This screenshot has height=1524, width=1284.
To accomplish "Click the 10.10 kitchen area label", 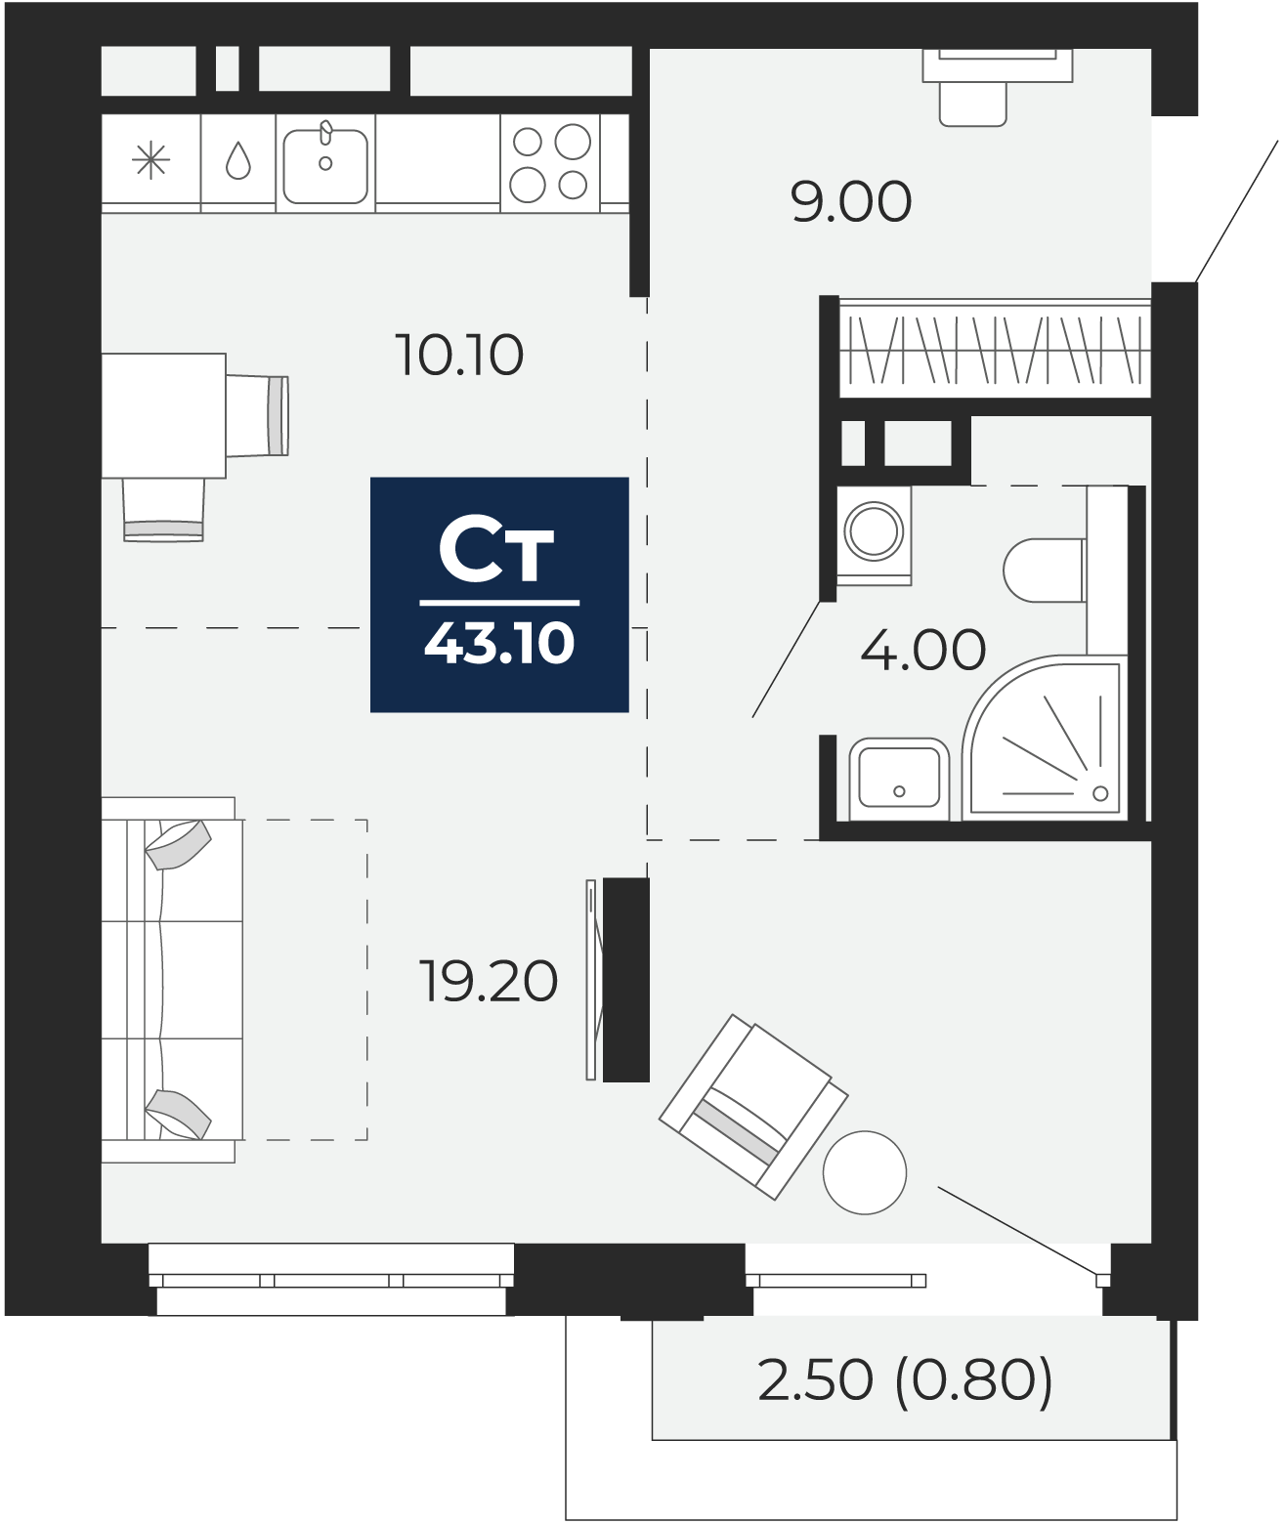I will point(459,355).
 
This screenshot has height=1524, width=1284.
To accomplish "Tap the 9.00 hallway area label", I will point(851,202).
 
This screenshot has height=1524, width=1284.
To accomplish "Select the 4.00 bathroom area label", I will point(922,650).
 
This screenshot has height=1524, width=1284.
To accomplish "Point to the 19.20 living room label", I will point(489,982).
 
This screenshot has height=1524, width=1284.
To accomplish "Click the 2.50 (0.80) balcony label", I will point(905,1380).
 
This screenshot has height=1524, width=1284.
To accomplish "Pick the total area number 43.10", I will point(499,644).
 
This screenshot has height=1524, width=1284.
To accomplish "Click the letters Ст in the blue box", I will point(497,552).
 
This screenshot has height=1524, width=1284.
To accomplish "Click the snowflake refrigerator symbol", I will point(150,161).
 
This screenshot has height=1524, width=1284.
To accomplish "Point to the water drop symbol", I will point(237,161).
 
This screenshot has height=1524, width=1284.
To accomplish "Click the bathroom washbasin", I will point(898,779).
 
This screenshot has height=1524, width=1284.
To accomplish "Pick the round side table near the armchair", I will point(865,1172).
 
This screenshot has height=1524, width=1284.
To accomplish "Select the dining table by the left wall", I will point(163,416).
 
